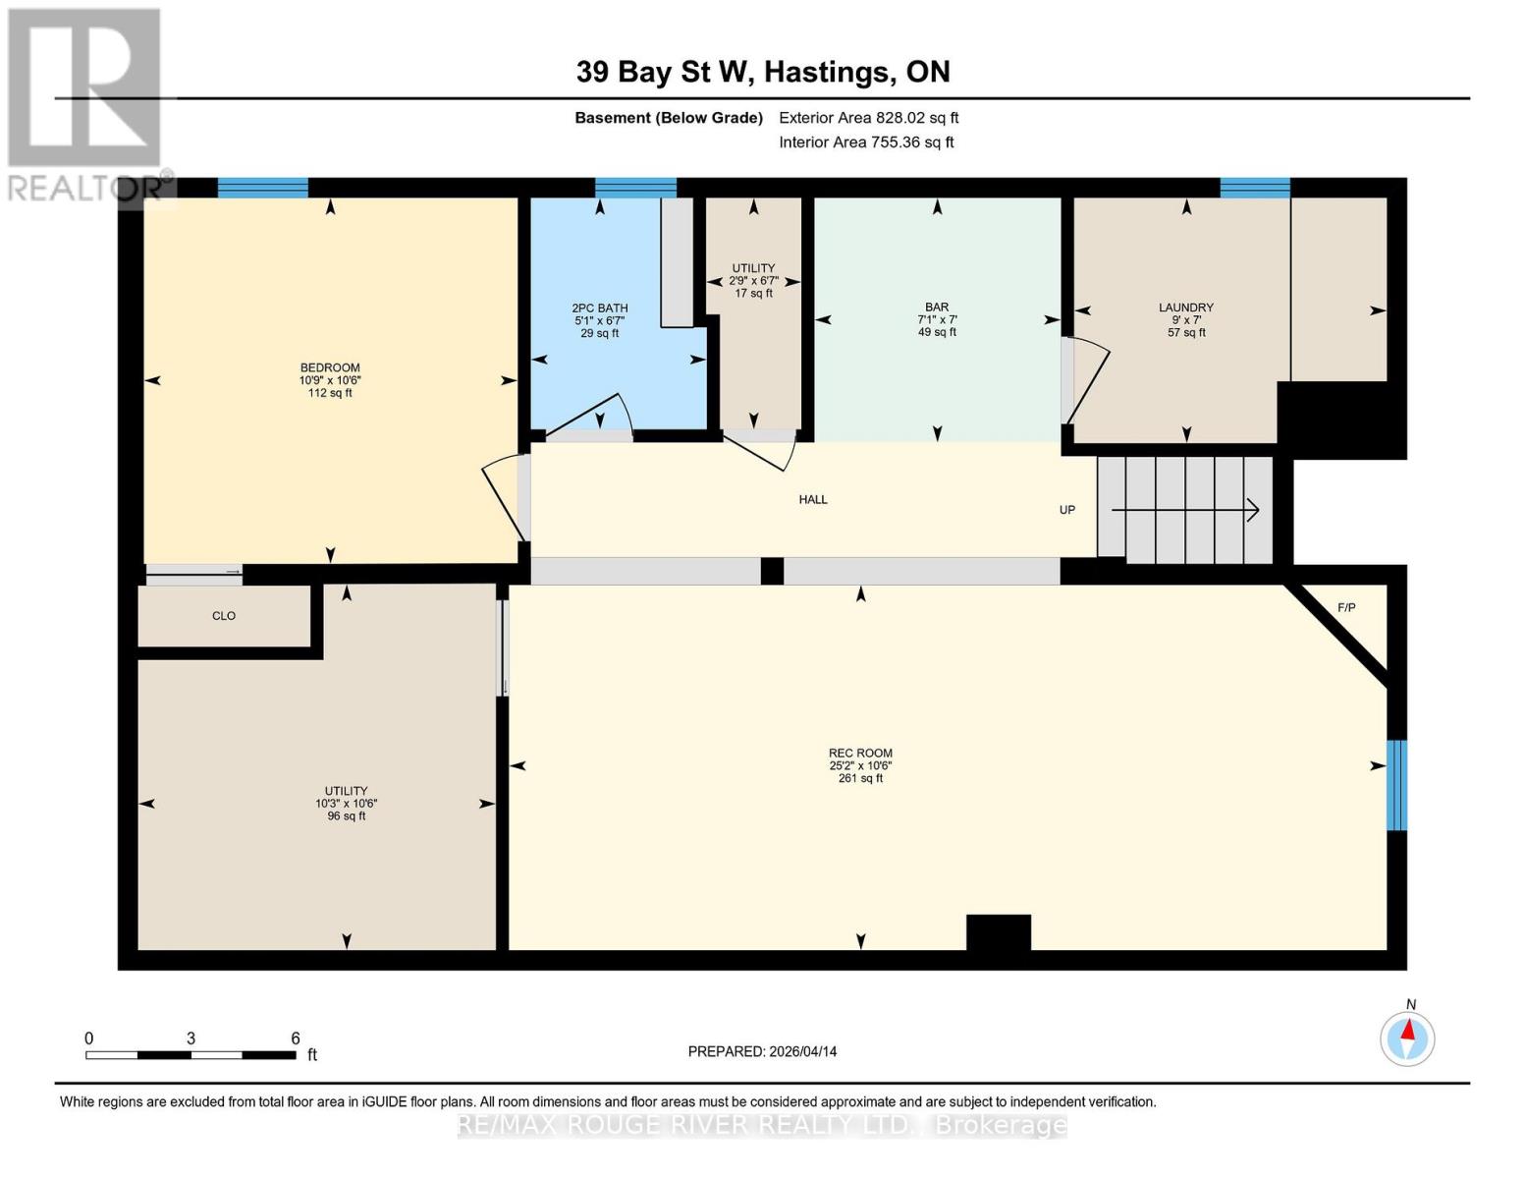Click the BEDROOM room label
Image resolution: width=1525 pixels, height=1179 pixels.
pyautogui.click(x=330, y=368)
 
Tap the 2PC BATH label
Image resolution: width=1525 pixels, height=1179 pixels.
pyautogui.click(x=599, y=309)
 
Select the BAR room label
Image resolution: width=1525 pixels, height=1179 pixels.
pyautogui.click(x=937, y=308)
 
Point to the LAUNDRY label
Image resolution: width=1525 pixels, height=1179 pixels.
pyautogui.click(x=1186, y=308)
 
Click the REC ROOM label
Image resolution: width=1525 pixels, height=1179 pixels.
pyautogui.click(x=860, y=754)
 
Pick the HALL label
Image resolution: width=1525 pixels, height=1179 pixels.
pyautogui.click(x=813, y=500)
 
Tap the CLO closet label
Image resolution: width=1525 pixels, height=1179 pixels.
pyautogui.click(x=224, y=616)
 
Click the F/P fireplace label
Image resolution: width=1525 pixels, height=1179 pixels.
pyautogui.click(x=1346, y=608)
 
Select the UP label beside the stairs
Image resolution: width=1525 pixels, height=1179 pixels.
pyautogui.click(x=1067, y=510)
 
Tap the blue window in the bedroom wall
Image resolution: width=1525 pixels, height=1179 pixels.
pyautogui.click(x=262, y=188)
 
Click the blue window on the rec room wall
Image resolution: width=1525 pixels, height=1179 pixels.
pyautogui.click(x=1396, y=785)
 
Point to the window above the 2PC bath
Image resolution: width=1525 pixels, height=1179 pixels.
pyautogui.click(x=635, y=188)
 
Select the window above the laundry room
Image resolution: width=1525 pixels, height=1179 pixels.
pyautogui.click(x=1254, y=188)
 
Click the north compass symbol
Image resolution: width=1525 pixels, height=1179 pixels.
pyautogui.click(x=1407, y=1038)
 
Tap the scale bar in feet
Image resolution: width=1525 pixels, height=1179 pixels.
pyautogui.click(x=191, y=1055)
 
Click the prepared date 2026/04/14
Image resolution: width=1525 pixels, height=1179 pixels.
pyautogui.click(x=762, y=1051)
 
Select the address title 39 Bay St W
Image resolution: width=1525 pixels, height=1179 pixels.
pyautogui.click(x=762, y=72)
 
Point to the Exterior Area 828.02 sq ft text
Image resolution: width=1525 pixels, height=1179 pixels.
pyautogui.click(x=868, y=118)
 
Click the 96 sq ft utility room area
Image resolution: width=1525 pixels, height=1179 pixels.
pyautogui.click(x=347, y=816)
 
